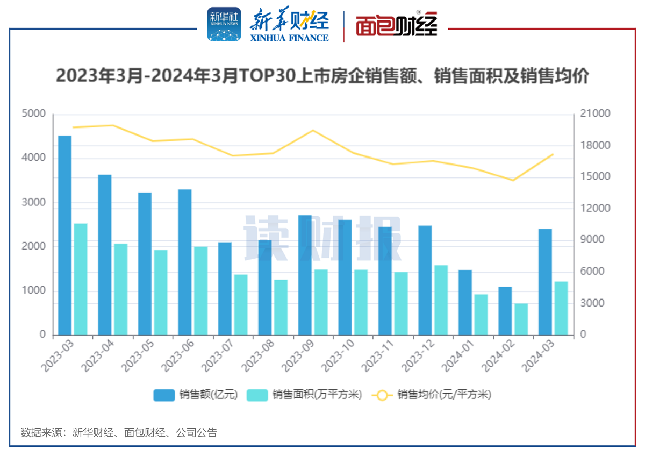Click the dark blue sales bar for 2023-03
[x=65, y=236]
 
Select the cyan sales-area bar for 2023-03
[x=81, y=279]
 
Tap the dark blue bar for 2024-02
[x=505, y=311]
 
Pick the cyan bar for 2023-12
[x=441, y=300]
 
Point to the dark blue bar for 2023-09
[x=305, y=275]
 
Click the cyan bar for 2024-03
[x=561, y=308]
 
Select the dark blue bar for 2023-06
[x=185, y=262]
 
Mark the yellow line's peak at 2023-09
[x=313, y=131]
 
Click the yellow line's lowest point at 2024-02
[x=513, y=180]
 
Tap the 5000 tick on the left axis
[x=33, y=113]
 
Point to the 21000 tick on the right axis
[x=595, y=113]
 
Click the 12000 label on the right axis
[x=595, y=208]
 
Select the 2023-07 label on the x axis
[x=218, y=356]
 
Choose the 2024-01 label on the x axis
[x=458, y=356]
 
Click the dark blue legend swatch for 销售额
[x=164, y=395]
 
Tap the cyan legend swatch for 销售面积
[x=257, y=395]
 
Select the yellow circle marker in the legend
[x=382, y=395]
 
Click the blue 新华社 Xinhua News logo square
[x=224, y=24]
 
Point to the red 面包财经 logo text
[x=397, y=24]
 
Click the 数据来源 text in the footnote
[x=41, y=433]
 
